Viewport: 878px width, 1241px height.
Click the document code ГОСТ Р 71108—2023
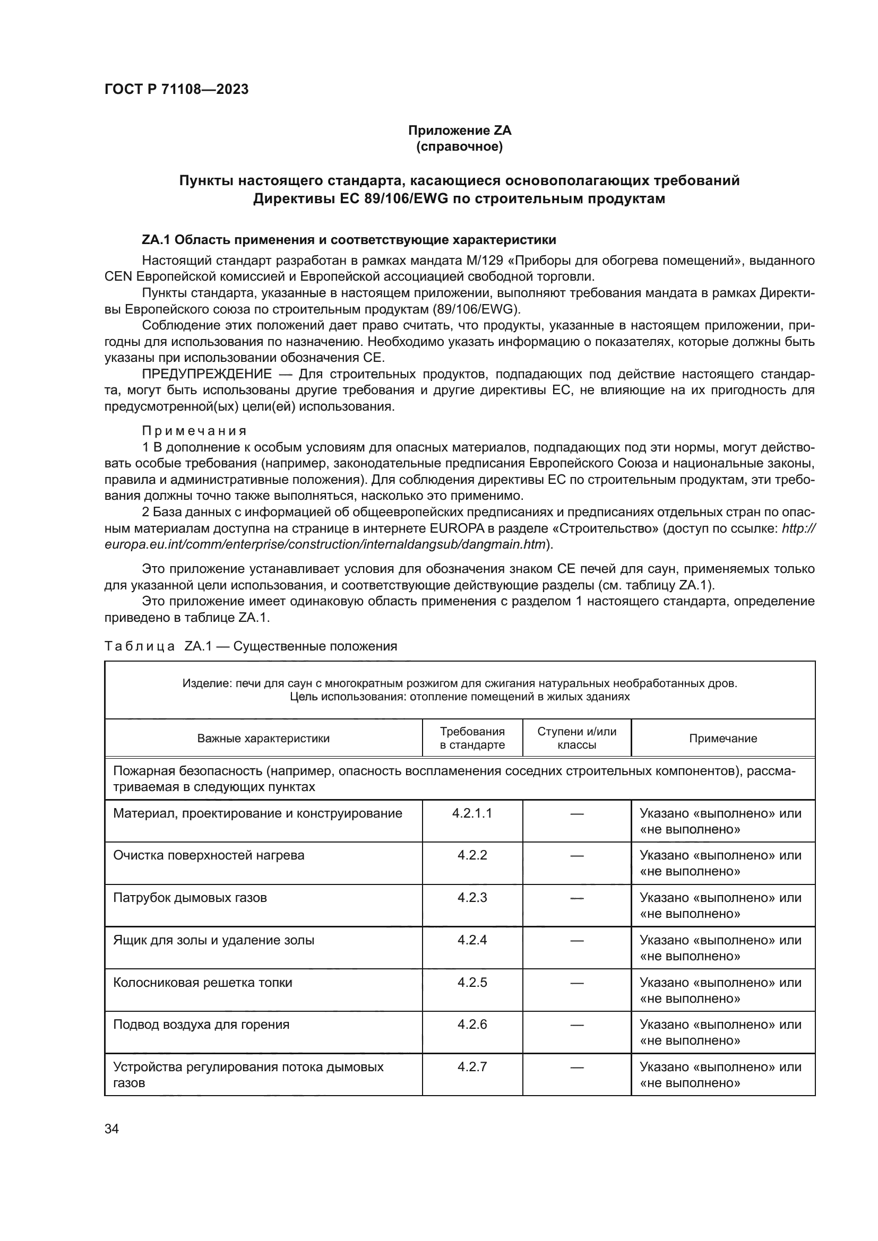point(176,89)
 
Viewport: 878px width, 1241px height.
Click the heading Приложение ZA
point(459,131)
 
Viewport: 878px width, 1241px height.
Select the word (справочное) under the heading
point(459,146)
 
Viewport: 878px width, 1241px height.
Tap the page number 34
point(111,1129)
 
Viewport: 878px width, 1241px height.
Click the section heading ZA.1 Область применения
point(349,239)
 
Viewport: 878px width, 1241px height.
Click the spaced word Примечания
point(194,431)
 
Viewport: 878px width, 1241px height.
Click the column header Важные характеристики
point(263,739)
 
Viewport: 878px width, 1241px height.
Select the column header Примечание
point(723,739)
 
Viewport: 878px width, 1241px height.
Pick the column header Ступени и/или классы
point(576,738)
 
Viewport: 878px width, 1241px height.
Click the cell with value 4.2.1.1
point(472,813)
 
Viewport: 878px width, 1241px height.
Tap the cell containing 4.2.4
point(472,940)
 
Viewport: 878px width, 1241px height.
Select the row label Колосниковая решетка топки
point(202,982)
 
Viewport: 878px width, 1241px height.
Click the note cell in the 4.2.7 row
point(720,1074)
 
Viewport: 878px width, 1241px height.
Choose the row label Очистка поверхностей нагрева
point(209,856)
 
